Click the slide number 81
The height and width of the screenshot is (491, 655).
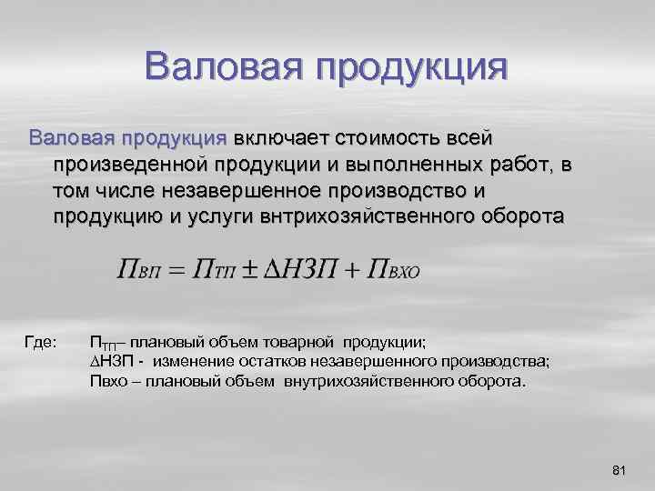[620, 470]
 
